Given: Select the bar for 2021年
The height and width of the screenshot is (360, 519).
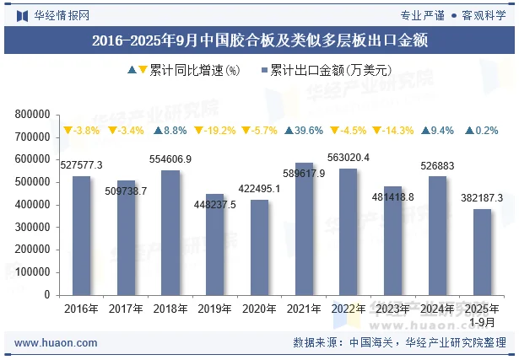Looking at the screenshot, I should point(304,228).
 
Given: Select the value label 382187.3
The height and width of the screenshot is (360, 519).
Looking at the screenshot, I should point(482,197).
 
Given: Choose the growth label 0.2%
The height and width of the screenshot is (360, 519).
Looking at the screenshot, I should point(482,131).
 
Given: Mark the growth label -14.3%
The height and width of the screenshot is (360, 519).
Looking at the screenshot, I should point(392,131).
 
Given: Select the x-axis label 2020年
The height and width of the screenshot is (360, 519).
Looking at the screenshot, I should point(259,309).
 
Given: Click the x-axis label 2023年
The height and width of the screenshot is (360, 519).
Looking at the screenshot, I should point(393,309).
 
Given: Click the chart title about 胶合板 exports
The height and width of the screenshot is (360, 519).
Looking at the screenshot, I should point(259,39).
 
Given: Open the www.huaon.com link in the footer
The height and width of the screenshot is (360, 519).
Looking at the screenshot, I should point(56,343).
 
